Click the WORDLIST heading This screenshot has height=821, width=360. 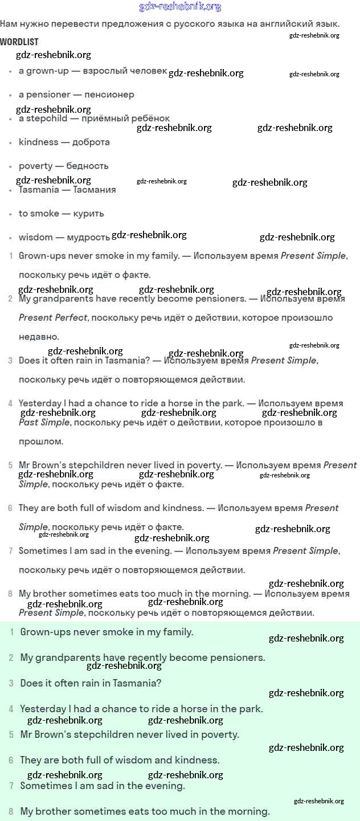click(x=19, y=42)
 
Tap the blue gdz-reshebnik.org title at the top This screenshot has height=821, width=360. click(x=180, y=7)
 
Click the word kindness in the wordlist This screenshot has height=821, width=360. click(x=38, y=142)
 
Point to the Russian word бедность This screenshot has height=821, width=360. click(x=87, y=166)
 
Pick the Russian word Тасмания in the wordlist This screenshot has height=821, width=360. click(x=95, y=190)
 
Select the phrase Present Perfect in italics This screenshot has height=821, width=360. click(x=53, y=317)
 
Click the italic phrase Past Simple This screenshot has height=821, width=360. click(x=44, y=422)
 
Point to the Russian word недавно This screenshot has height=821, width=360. click(x=39, y=337)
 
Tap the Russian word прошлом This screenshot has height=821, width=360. click(x=41, y=442)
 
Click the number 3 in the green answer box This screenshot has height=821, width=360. click(x=11, y=683)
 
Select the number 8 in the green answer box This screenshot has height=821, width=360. click(x=11, y=811)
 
